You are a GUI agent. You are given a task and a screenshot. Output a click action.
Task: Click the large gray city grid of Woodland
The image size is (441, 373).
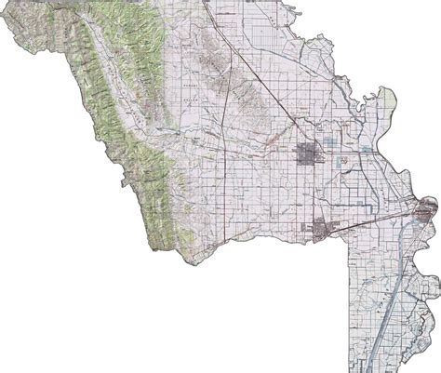click(308, 154)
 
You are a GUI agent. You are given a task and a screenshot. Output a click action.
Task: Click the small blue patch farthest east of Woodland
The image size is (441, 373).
click(372, 150)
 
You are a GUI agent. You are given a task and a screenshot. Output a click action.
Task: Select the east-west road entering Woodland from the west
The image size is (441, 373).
click(270, 153)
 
